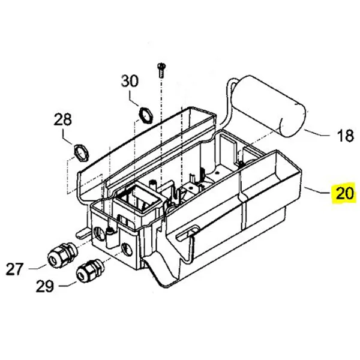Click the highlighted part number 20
click(345, 194)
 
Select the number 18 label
click(345, 136)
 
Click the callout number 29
click(45, 287)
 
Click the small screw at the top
click(161, 68)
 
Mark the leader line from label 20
click(316, 191)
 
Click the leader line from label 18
click(318, 134)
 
